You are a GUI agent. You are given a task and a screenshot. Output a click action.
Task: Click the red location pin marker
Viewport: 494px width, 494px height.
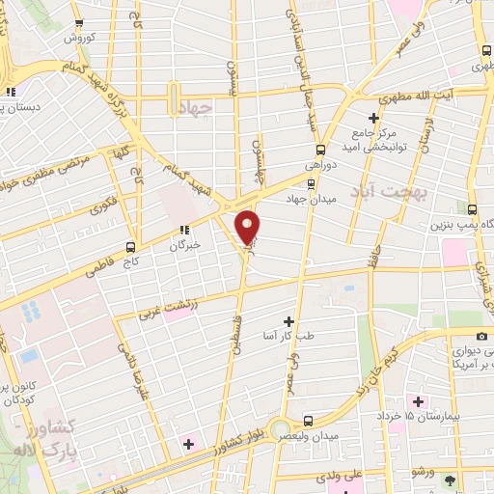tap(249, 227)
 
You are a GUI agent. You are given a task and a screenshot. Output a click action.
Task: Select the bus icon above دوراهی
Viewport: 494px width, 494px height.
tap(320, 150)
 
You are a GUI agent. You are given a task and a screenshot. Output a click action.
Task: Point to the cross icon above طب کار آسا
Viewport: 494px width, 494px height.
tap(288, 320)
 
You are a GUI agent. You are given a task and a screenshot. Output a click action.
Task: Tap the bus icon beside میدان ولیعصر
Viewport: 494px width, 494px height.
tap(307, 421)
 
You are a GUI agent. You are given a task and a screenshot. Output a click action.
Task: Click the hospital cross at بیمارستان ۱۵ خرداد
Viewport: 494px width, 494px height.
tap(417, 400)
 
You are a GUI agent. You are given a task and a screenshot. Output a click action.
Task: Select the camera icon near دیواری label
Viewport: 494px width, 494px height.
tap(481, 334)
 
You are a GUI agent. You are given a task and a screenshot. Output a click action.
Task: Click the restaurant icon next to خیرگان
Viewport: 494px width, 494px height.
tap(182, 231)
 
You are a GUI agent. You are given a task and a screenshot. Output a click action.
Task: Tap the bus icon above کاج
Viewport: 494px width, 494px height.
tap(130, 247)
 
